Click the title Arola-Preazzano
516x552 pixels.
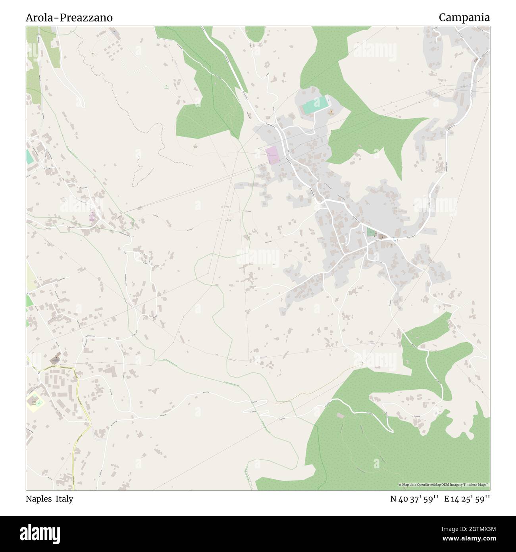coord(69,18)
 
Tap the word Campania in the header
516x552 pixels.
coord(464,17)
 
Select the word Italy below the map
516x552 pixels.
coord(64,499)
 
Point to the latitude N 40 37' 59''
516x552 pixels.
coord(414,499)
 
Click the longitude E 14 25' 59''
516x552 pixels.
coord(467,499)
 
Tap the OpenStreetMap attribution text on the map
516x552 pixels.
coord(444,484)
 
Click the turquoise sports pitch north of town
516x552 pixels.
coord(316,105)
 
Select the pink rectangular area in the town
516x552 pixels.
coord(272,155)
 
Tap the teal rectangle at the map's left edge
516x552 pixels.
coord(29,156)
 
